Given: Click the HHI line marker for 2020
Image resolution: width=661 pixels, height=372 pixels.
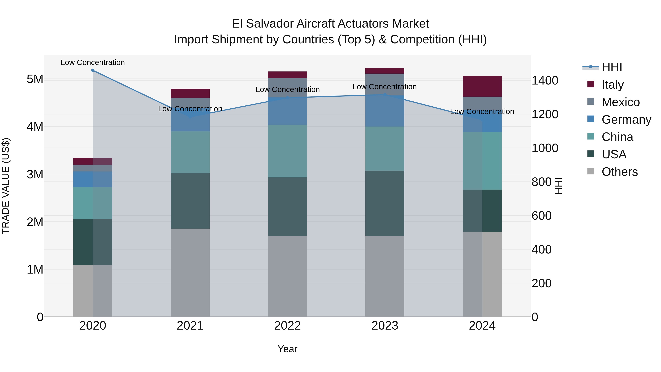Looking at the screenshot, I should pos(93,70).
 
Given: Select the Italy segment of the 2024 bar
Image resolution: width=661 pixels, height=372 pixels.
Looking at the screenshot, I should pos(482,86).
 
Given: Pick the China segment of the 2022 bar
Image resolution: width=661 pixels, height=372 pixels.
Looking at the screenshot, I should pos(287,151).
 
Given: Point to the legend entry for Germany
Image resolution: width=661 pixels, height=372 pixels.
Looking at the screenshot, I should pos(626,120).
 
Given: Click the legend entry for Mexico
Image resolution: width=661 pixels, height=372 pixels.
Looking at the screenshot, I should pos(620,102).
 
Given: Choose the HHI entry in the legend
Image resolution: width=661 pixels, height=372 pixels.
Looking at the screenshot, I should pos(612,67).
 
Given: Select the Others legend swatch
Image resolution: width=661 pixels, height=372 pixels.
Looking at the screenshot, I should pos(591,171).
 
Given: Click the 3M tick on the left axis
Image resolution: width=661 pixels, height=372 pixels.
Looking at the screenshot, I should pos(35,174).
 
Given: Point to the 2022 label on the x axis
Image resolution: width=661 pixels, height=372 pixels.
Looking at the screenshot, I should pos(287,326).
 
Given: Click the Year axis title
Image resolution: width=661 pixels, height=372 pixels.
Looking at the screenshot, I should pos(287,349).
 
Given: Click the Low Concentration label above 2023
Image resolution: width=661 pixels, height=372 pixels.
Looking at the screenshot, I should pos(384,87).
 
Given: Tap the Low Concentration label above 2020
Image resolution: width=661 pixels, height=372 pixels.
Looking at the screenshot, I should pos(93,62).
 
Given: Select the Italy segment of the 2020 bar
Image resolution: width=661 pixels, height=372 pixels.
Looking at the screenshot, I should pos(93,161).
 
